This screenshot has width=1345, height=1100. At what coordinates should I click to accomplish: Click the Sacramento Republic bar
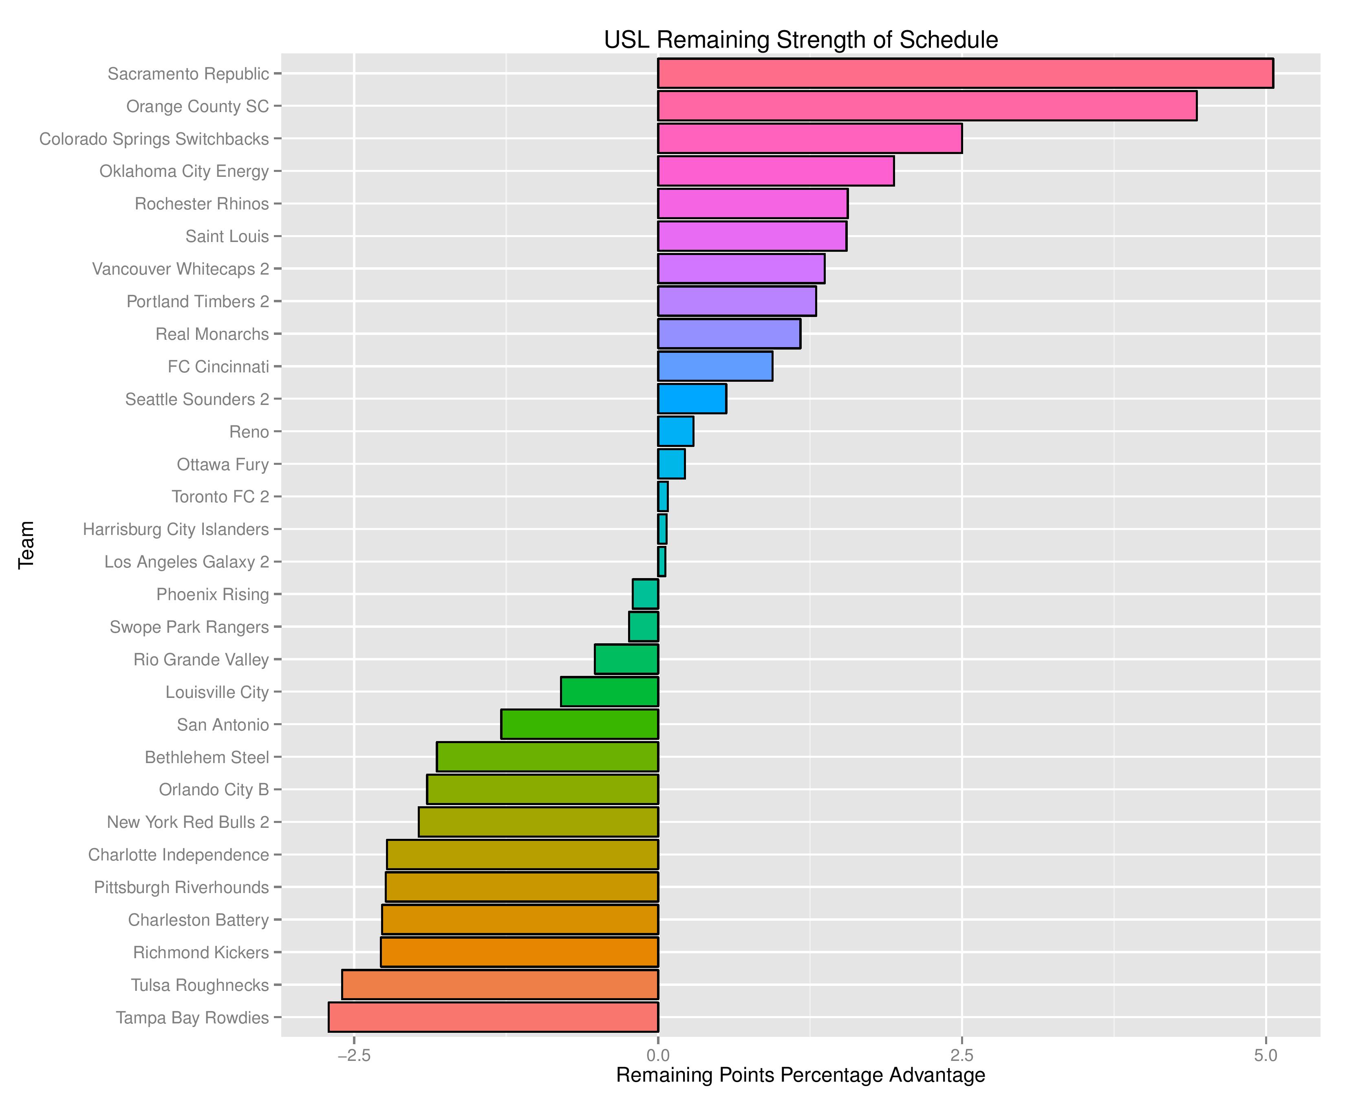point(965,73)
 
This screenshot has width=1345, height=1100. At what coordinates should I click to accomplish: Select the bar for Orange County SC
point(927,106)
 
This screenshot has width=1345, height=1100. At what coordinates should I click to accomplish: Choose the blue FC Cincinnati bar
point(715,366)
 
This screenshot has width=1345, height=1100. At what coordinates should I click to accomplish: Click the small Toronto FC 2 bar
point(663,496)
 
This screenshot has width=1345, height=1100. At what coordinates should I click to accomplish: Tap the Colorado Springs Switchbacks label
point(154,139)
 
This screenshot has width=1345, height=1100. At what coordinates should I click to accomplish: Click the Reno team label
point(249,431)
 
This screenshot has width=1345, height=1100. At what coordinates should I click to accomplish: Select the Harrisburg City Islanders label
point(176,529)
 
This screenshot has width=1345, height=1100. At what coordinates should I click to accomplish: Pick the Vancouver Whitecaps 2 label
point(181,268)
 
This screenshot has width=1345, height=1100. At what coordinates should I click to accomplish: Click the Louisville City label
point(217,692)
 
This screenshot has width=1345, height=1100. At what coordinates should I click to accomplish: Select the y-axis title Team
point(26,545)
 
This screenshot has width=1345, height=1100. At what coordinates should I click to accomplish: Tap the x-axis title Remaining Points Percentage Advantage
point(800,1075)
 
